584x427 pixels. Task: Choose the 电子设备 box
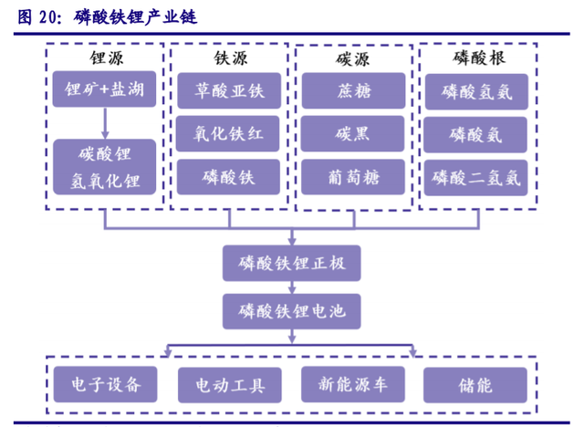[x=105, y=383]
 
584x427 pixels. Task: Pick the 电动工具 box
[x=227, y=383]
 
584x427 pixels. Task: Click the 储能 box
[x=475, y=383]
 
